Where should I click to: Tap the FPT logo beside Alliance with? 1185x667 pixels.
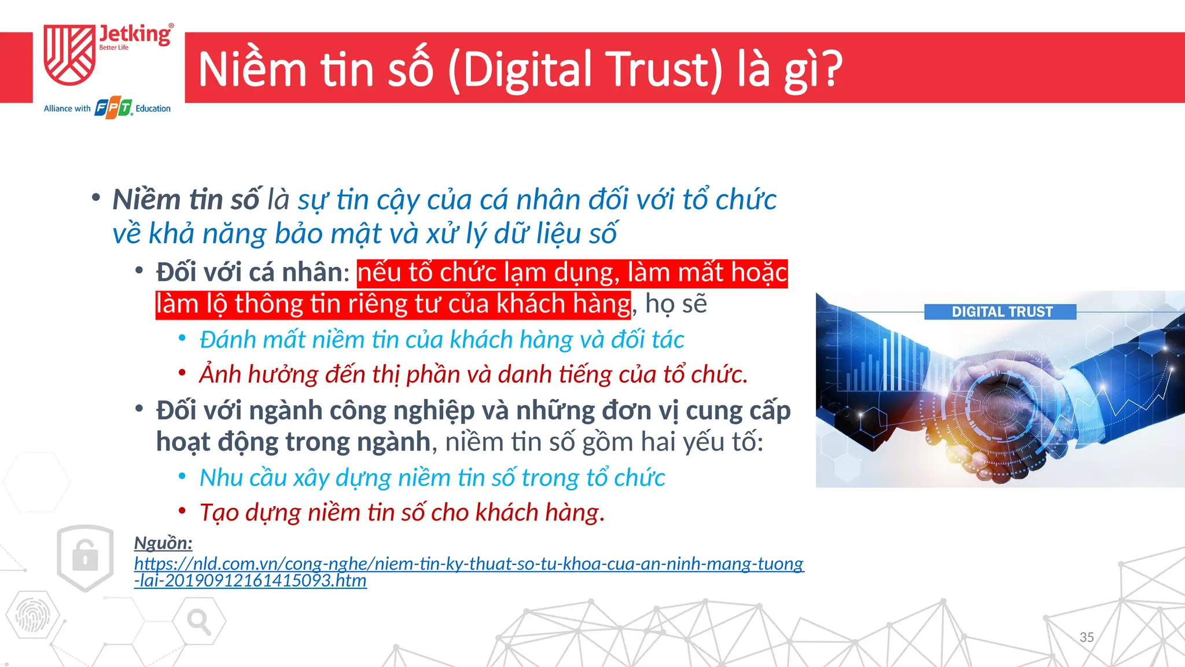pos(113,108)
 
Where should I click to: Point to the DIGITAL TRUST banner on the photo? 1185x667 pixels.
pos(1001,312)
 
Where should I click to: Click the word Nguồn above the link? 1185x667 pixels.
pos(163,543)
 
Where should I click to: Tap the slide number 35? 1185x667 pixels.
pos(1087,637)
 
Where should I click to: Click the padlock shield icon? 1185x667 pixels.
pos(86,557)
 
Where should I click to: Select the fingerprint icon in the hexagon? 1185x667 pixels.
pos(32,615)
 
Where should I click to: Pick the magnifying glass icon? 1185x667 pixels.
pos(198,622)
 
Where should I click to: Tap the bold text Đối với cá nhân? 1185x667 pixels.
pos(252,273)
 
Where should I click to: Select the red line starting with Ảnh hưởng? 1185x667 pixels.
pos(473,375)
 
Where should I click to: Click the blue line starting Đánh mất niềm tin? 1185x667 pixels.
pos(441,340)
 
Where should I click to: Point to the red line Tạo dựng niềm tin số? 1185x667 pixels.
pos(402,513)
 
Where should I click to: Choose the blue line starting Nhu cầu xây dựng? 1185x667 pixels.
pos(432,478)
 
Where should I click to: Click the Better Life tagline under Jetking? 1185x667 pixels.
pos(114,47)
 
